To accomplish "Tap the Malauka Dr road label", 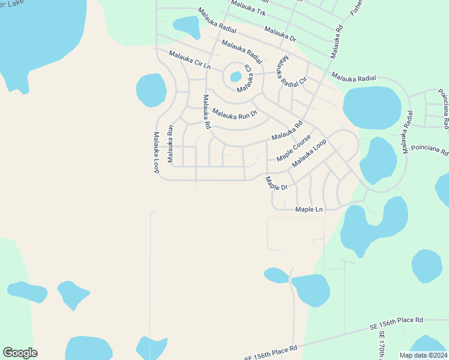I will [280, 34].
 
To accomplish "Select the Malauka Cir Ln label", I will [190, 59].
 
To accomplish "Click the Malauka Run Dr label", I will [234, 113].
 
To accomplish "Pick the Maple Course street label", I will [294, 147].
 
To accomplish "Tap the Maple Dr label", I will [276, 184].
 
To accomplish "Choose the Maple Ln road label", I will [309, 209].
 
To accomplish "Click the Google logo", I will [20, 353].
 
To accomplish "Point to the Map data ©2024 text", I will [423, 355].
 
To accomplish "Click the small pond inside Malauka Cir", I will [235, 77].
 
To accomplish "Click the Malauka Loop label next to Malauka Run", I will [156, 153].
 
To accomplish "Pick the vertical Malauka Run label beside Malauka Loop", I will [170, 144].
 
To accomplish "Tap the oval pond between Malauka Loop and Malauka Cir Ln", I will [151, 89].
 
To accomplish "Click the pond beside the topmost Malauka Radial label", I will [186, 25].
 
